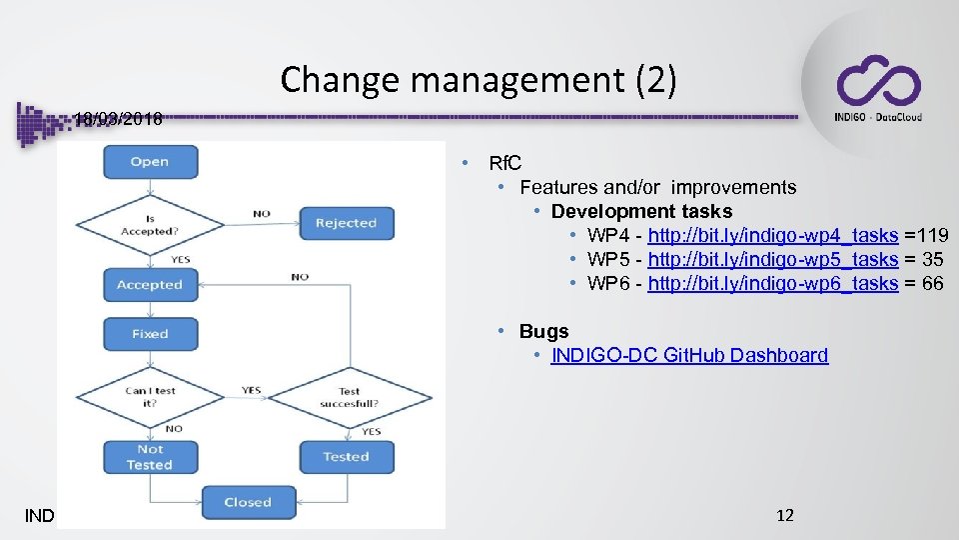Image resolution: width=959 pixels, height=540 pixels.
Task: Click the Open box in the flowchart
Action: (149, 162)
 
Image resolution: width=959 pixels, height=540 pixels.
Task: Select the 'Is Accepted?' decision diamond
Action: (149, 223)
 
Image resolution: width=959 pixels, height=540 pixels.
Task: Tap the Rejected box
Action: (346, 223)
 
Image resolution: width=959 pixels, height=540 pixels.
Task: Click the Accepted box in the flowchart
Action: (149, 285)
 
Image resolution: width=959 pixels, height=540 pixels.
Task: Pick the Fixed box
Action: (149, 334)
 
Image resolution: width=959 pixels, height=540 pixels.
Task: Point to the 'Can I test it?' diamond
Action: (149, 396)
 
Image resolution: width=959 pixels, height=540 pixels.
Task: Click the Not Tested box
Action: (149, 457)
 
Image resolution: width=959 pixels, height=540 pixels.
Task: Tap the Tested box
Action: (346, 457)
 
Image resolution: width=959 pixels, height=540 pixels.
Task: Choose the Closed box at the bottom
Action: (248, 502)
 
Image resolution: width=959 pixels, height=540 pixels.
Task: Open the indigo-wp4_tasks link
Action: (773, 236)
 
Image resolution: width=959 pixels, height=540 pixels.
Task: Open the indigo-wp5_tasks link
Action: (773, 260)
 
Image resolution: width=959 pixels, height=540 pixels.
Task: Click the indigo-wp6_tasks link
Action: (773, 284)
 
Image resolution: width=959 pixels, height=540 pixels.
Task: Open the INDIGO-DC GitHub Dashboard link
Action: (689, 355)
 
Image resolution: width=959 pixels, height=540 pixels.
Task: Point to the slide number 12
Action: (785, 515)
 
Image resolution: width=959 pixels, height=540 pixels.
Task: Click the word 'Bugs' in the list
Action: (543, 331)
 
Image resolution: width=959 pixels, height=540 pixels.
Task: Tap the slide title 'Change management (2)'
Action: (479, 80)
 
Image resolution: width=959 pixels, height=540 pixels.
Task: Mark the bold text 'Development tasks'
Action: (641, 211)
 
